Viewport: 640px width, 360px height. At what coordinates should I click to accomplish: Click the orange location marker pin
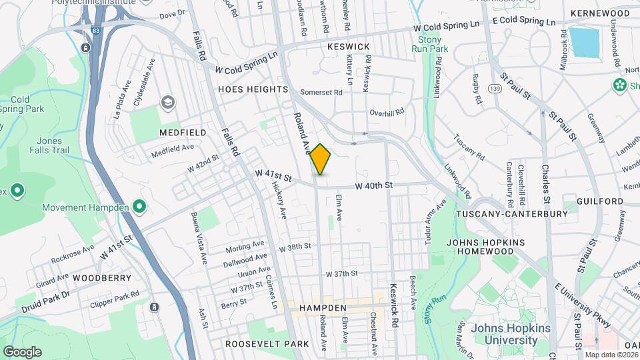coord(320,159)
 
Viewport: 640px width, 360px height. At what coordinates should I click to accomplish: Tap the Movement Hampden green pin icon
coord(139,207)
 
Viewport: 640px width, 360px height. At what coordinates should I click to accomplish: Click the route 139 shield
coord(494,89)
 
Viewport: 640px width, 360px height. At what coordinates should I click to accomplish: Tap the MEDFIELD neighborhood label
coord(179,133)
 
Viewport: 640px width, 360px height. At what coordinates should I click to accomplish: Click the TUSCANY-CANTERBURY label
coord(512,215)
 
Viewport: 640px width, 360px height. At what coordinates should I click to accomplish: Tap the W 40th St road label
coord(374,185)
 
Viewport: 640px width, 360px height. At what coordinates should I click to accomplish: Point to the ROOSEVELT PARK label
coord(267,344)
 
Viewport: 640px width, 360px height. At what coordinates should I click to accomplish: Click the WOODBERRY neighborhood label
coord(98,277)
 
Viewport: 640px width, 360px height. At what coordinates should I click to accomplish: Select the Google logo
coord(22,351)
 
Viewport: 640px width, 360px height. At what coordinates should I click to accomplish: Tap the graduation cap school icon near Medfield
coord(167,102)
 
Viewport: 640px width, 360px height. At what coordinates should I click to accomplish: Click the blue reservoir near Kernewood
coord(585,41)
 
